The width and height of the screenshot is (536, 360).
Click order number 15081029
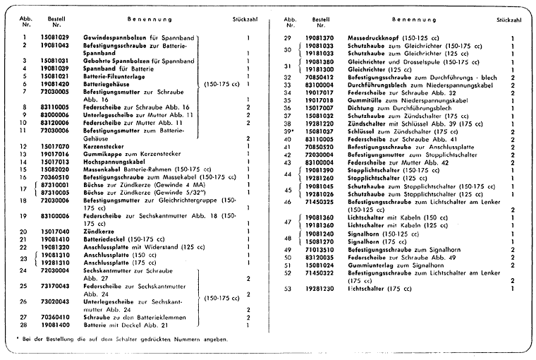pyautogui.click(x=54, y=36)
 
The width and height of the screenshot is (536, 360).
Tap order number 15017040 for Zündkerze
pyautogui.click(x=54, y=231)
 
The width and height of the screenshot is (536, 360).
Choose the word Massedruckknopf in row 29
pyautogui.click(x=373, y=37)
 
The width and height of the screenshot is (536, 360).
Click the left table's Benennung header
pyautogui.click(x=147, y=20)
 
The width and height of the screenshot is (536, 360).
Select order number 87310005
pyautogui.click(x=54, y=192)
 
